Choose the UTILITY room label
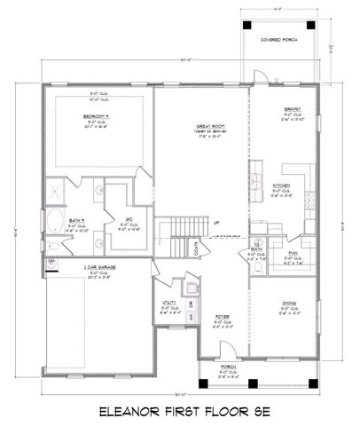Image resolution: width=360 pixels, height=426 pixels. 162,302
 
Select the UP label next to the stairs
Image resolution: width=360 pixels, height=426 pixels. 216,222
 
